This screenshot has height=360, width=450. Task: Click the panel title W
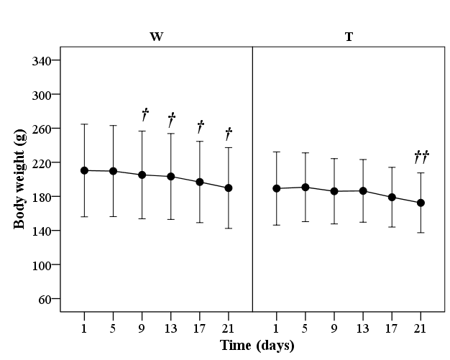tap(155, 37)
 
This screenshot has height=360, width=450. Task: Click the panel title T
tap(349, 37)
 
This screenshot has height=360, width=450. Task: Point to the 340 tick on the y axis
tap(45, 60)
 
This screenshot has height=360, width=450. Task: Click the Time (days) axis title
tap(257, 346)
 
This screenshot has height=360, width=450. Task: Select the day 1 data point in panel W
tap(85, 170)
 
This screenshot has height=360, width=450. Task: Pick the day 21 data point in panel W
tap(229, 188)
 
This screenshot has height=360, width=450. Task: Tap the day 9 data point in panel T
tap(334, 191)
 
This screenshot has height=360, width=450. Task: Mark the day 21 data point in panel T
tap(421, 203)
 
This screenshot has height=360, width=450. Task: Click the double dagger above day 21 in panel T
tap(421, 157)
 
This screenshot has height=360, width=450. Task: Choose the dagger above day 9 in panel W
tap(144, 114)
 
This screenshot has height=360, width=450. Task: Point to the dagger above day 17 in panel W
tap(201, 126)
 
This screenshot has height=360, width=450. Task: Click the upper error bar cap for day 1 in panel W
tap(85, 124)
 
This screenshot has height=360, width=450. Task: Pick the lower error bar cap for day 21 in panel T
tap(421, 232)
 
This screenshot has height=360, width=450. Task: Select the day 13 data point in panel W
tap(171, 176)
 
